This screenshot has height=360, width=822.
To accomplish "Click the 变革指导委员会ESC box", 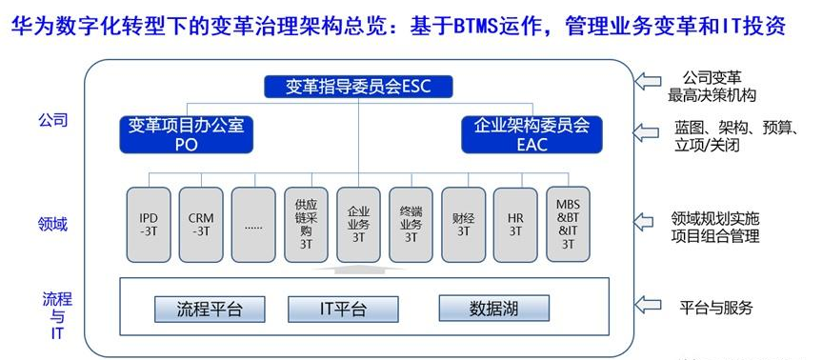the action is pos(358,87).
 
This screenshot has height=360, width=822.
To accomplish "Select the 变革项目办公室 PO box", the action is pos(187,134).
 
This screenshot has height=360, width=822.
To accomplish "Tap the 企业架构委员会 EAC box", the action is pos(532,134).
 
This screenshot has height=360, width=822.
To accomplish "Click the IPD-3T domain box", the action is pos(149,225).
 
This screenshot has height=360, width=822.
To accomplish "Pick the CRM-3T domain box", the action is pos(201,225).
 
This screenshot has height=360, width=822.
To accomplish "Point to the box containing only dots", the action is pos(253,225).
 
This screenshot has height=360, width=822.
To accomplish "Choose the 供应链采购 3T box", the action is pos(306,225).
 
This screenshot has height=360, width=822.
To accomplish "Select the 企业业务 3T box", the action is pos(358,225).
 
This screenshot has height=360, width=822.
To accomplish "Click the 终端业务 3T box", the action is pos(411,225).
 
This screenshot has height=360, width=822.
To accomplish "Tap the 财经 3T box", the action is pos(464,225).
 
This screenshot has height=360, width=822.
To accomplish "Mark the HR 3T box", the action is pos(516,225).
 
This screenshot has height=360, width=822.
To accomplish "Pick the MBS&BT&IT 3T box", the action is pos(569,225).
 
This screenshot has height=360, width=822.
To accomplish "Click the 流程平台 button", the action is pos(210,310).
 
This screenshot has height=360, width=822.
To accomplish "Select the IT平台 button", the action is pos(344,310).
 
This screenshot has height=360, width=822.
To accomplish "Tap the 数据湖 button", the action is pos(493,309).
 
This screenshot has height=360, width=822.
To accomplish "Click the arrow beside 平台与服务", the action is pos(647,304).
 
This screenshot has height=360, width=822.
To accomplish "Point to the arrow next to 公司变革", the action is pos(647,81).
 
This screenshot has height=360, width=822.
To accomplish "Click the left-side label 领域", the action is pos(52,224).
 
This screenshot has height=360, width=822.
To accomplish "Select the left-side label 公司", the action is pos(52,120).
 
